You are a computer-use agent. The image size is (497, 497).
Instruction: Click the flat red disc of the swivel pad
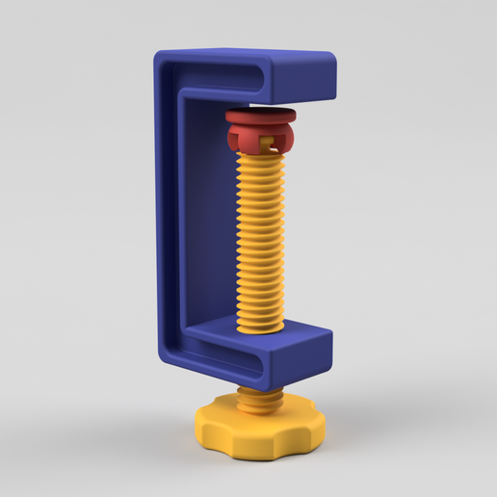click(261, 117)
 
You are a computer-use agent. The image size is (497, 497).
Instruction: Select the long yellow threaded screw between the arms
click(261, 241)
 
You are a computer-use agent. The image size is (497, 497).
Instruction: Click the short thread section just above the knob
click(259, 397)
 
